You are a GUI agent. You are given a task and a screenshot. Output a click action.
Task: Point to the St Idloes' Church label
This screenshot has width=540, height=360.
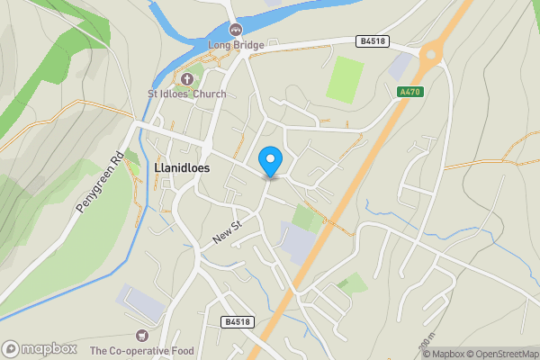coord(187,93)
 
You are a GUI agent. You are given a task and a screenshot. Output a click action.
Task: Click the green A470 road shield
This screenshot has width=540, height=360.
coord(409,91)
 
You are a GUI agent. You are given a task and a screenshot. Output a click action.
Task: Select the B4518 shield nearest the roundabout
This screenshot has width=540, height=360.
coord(371,40)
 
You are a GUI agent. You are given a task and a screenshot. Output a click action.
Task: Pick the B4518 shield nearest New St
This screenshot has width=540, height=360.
coord(237,321)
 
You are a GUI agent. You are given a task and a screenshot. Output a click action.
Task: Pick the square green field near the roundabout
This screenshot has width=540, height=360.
coord(345,79)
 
